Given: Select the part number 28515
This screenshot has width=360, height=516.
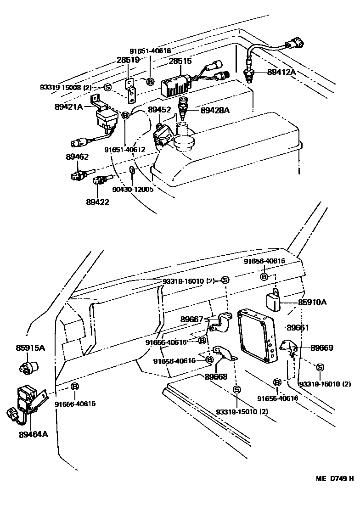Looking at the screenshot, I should click(x=180, y=61).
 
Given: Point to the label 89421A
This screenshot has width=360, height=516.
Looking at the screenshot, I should click(x=68, y=107).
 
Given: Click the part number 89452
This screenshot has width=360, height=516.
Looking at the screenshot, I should click(x=159, y=110).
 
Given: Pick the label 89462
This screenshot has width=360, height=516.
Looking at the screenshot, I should click(x=77, y=157).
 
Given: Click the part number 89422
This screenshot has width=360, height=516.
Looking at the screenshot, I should click(x=97, y=202).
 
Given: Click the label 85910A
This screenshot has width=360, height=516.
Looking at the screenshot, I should click(x=313, y=303).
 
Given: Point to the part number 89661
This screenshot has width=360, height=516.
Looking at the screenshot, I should click(x=298, y=328).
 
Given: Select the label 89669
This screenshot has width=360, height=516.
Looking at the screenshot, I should click(x=322, y=348).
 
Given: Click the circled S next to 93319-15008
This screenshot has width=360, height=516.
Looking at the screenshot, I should click(x=107, y=87).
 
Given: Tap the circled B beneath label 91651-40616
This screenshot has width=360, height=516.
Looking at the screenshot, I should click(x=150, y=82).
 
